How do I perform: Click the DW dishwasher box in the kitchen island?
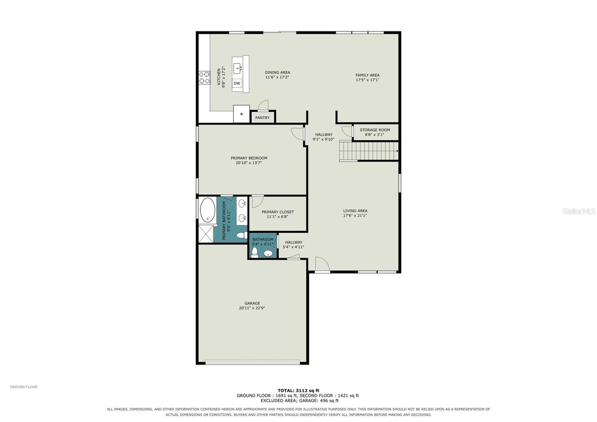[x=237, y=83]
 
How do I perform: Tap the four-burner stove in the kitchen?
[x=204, y=77]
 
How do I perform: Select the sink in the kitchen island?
[x=237, y=68]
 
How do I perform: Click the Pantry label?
[x=262, y=118]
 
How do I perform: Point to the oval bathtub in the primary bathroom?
[x=207, y=210]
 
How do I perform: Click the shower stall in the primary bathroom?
[x=206, y=234]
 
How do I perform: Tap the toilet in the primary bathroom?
[x=242, y=236]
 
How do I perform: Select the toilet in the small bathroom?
[x=255, y=252]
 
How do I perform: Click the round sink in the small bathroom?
[x=268, y=254]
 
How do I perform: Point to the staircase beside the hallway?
[x=369, y=151]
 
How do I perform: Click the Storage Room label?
[x=375, y=130]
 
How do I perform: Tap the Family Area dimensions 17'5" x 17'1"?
[x=367, y=80]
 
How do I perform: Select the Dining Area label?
[x=278, y=72]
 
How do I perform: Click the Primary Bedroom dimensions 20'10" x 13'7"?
[x=249, y=163]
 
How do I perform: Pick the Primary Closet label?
[x=278, y=212]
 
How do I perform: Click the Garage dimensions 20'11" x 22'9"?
[x=252, y=308]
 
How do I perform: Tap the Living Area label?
[x=355, y=211]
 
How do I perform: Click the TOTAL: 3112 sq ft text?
[x=298, y=391]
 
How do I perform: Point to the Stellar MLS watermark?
[x=579, y=211]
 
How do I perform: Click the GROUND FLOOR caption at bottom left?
[x=24, y=387]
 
